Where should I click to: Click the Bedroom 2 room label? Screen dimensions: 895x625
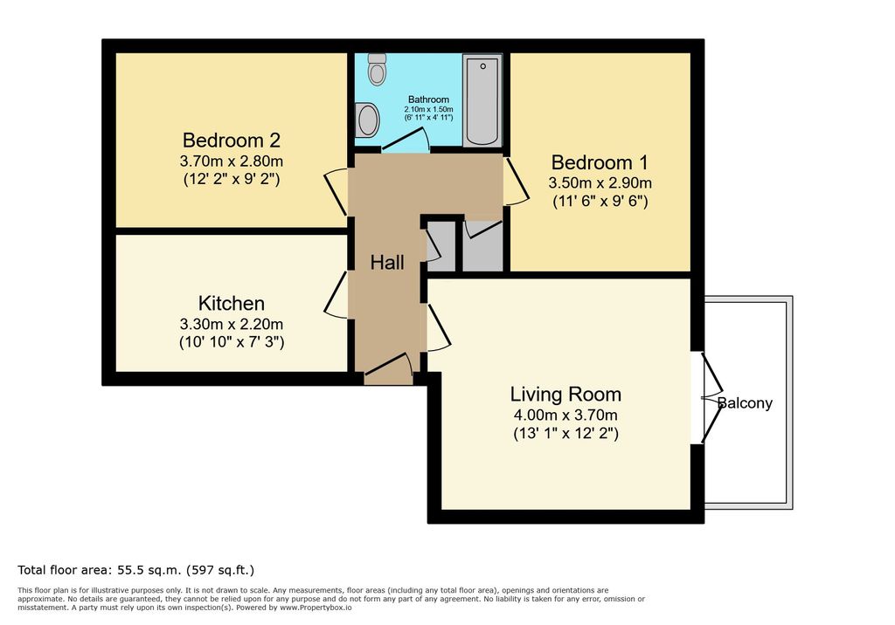[231, 141]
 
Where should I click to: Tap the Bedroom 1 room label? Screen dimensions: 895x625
[600, 162]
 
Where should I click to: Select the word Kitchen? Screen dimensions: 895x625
[231, 304]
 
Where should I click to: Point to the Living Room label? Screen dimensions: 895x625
[565, 395]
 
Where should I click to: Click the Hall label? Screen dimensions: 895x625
[387, 263]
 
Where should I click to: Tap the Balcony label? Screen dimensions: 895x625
[745, 403]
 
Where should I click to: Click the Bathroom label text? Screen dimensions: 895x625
[428, 100]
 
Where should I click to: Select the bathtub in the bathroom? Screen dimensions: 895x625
[482, 100]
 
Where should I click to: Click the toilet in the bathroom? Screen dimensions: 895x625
[377, 69]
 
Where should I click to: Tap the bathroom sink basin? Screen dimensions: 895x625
[366, 120]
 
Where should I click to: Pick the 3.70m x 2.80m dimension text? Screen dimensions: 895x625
[231, 161]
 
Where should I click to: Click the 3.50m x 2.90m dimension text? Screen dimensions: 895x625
[600, 183]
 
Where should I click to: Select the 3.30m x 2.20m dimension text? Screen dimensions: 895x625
[231, 325]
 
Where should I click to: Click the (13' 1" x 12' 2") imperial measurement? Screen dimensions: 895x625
[565, 433]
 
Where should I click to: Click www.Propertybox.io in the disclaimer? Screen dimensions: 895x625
[316, 608]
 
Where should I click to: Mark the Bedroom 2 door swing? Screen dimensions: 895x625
[336, 192]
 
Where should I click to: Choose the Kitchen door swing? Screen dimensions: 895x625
[336, 294]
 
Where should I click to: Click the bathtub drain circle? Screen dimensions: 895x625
[482, 66]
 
